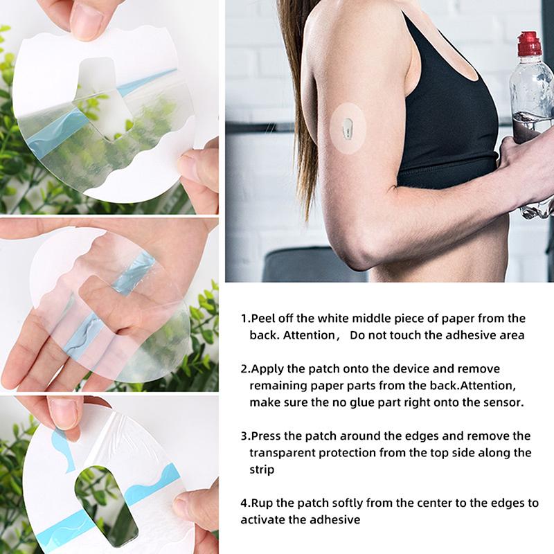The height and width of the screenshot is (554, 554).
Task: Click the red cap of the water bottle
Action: pyautogui.click(x=529, y=44)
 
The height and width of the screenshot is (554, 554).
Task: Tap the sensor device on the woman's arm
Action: pyautogui.click(x=347, y=128)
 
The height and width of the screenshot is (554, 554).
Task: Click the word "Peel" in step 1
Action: pyautogui.click(x=262, y=319)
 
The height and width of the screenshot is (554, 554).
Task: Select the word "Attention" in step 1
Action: pyautogui.click(x=309, y=335)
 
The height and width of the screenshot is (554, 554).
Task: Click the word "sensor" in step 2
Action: pyautogui.click(x=501, y=402)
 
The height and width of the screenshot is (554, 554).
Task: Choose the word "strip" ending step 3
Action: pyautogui.click(x=262, y=470)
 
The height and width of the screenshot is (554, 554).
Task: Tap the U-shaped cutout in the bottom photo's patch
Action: pyautogui.click(x=105, y=501)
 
